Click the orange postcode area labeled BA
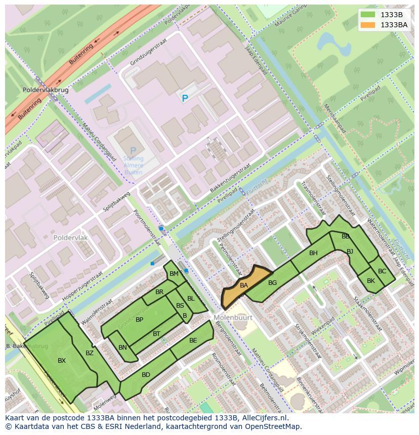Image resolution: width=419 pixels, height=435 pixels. [x=244, y=286]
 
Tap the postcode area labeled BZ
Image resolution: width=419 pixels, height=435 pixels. [x=89, y=353]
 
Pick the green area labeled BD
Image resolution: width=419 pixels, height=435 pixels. [x=146, y=375]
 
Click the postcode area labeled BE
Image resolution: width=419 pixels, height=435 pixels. [x=193, y=341]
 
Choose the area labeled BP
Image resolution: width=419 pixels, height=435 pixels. [x=139, y=320]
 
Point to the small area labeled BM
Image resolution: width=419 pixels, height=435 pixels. [x=174, y=274]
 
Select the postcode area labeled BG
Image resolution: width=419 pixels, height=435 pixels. [x=272, y=283]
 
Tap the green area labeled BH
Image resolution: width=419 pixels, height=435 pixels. [x=313, y=253]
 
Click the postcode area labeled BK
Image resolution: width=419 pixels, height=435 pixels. [x=371, y=281]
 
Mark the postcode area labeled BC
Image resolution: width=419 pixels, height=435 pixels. [x=382, y=271]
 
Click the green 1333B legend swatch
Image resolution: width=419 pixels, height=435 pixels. [x=368, y=14]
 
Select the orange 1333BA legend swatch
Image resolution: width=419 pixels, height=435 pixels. [x=368, y=25]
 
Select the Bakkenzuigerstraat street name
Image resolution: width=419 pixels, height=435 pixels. [x=230, y=177]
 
